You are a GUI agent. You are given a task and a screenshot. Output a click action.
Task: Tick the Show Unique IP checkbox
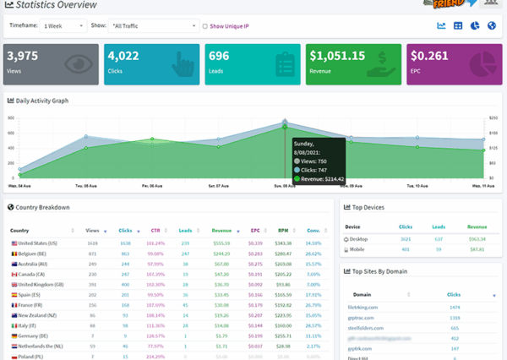(x=205, y=26)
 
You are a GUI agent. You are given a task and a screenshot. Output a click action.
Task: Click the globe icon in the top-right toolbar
(x=491, y=25)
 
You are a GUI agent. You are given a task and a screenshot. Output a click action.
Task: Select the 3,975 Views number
(x=24, y=56)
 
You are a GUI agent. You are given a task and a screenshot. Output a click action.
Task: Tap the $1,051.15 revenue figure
(x=336, y=56)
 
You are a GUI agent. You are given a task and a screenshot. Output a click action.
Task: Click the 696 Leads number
(x=220, y=56)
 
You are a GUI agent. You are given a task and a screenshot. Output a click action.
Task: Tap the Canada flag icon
(x=14, y=274)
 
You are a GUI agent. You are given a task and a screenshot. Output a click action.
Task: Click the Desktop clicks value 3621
(x=406, y=239)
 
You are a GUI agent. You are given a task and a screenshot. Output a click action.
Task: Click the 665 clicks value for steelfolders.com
(x=454, y=327)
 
